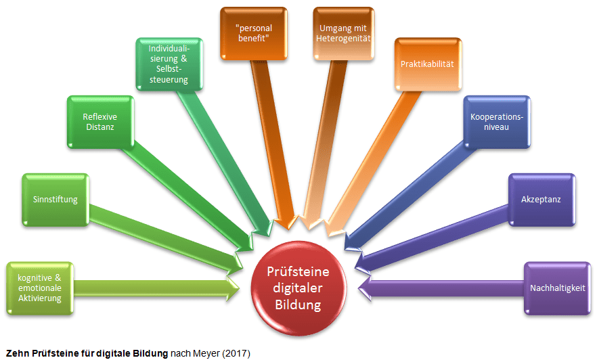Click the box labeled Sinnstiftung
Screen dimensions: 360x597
(x=56, y=200)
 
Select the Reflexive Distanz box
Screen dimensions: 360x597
(x=99, y=122)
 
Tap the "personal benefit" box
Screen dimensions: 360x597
(x=253, y=32)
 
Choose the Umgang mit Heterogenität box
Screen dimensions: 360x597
(x=344, y=32)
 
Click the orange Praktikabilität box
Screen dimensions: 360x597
(x=426, y=64)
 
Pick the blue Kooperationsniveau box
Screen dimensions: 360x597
(x=496, y=122)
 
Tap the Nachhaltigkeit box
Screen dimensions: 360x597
(x=558, y=288)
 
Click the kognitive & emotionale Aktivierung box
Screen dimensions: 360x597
(x=39, y=288)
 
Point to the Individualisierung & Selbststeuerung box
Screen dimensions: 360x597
(x=169, y=64)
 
